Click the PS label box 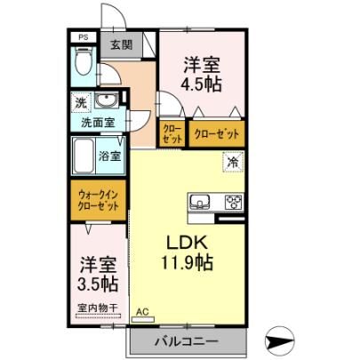[84, 37]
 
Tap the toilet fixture [84, 61]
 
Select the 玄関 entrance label [122, 44]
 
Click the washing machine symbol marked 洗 [81, 102]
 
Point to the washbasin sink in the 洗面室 [106, 100]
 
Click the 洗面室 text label [98, 122]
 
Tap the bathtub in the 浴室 [84, 156]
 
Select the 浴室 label [109, 156]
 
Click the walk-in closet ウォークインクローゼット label [99, 200]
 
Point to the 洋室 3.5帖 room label [98, 275]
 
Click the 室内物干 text [98, 308]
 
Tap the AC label [142, 311]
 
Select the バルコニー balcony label [187, 341]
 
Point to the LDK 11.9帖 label [187, 252]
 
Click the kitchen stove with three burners [235, 203]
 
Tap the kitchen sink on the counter [199, 202]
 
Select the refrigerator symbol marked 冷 [233, 162]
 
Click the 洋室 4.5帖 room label [202, 75]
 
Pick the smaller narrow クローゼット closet [172, 133]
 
